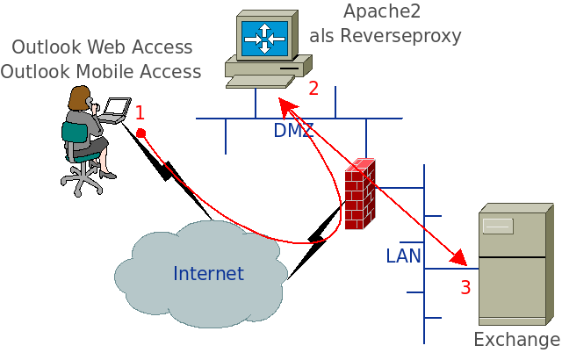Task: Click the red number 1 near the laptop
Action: [x=139, y=112]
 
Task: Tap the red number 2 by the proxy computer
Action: [x=313, y=88]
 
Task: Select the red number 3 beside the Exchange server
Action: [x=465, y=287]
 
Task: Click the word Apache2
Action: [x=381, y=11]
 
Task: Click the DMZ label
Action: [x=293, y=131]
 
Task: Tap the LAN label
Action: [x=404, y=256]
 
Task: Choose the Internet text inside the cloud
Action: [x=208, y=273]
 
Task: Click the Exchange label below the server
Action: [x=516, y=340]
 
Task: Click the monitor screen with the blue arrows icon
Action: [x=265, y=38]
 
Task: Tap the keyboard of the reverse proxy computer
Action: [x=259, y=82]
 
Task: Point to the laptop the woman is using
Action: [x=115, y=109]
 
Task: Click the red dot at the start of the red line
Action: [x=140, y=133]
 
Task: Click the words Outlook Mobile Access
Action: [x=101, y=71]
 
